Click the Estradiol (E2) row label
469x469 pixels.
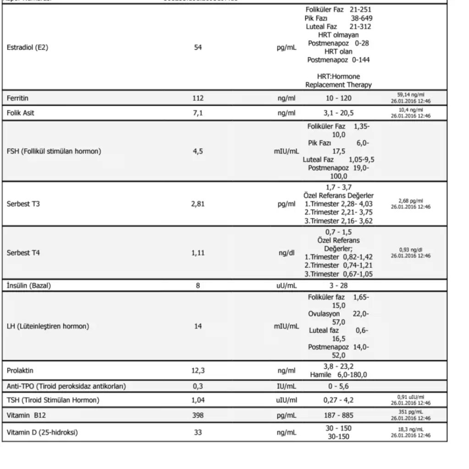click(x=27, y=47)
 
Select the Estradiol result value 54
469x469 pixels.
click(x=198, y=47)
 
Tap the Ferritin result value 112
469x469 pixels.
click(x=198, y=98)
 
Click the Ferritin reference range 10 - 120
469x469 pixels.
click(x=338, y=98)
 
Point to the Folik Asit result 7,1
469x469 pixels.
click(x=198, y=113)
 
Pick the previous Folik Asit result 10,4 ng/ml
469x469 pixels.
click(x=410, y=110)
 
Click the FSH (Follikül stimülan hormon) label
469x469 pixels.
click(x=54, y=151)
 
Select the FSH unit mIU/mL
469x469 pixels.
click(x=287, y=151)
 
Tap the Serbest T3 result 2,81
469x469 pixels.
click(x=198, y=204)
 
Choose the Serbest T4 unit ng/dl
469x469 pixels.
click(x=287, y=253)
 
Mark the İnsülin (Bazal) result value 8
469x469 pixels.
click(x=198, y=286)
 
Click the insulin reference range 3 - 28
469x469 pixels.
click(x=338, y=286)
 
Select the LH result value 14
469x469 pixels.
click(x=198, y=327)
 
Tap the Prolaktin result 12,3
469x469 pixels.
click(x=198, y=371)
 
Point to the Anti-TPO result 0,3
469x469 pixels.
click(x=198, y=386)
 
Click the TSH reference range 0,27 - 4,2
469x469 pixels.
click(x=338, y=400)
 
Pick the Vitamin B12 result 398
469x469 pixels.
click(x=198, y=415)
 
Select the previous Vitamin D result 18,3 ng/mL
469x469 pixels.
click(x=410, y=430)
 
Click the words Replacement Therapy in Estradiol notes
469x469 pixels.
click(x=338, y=85)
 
